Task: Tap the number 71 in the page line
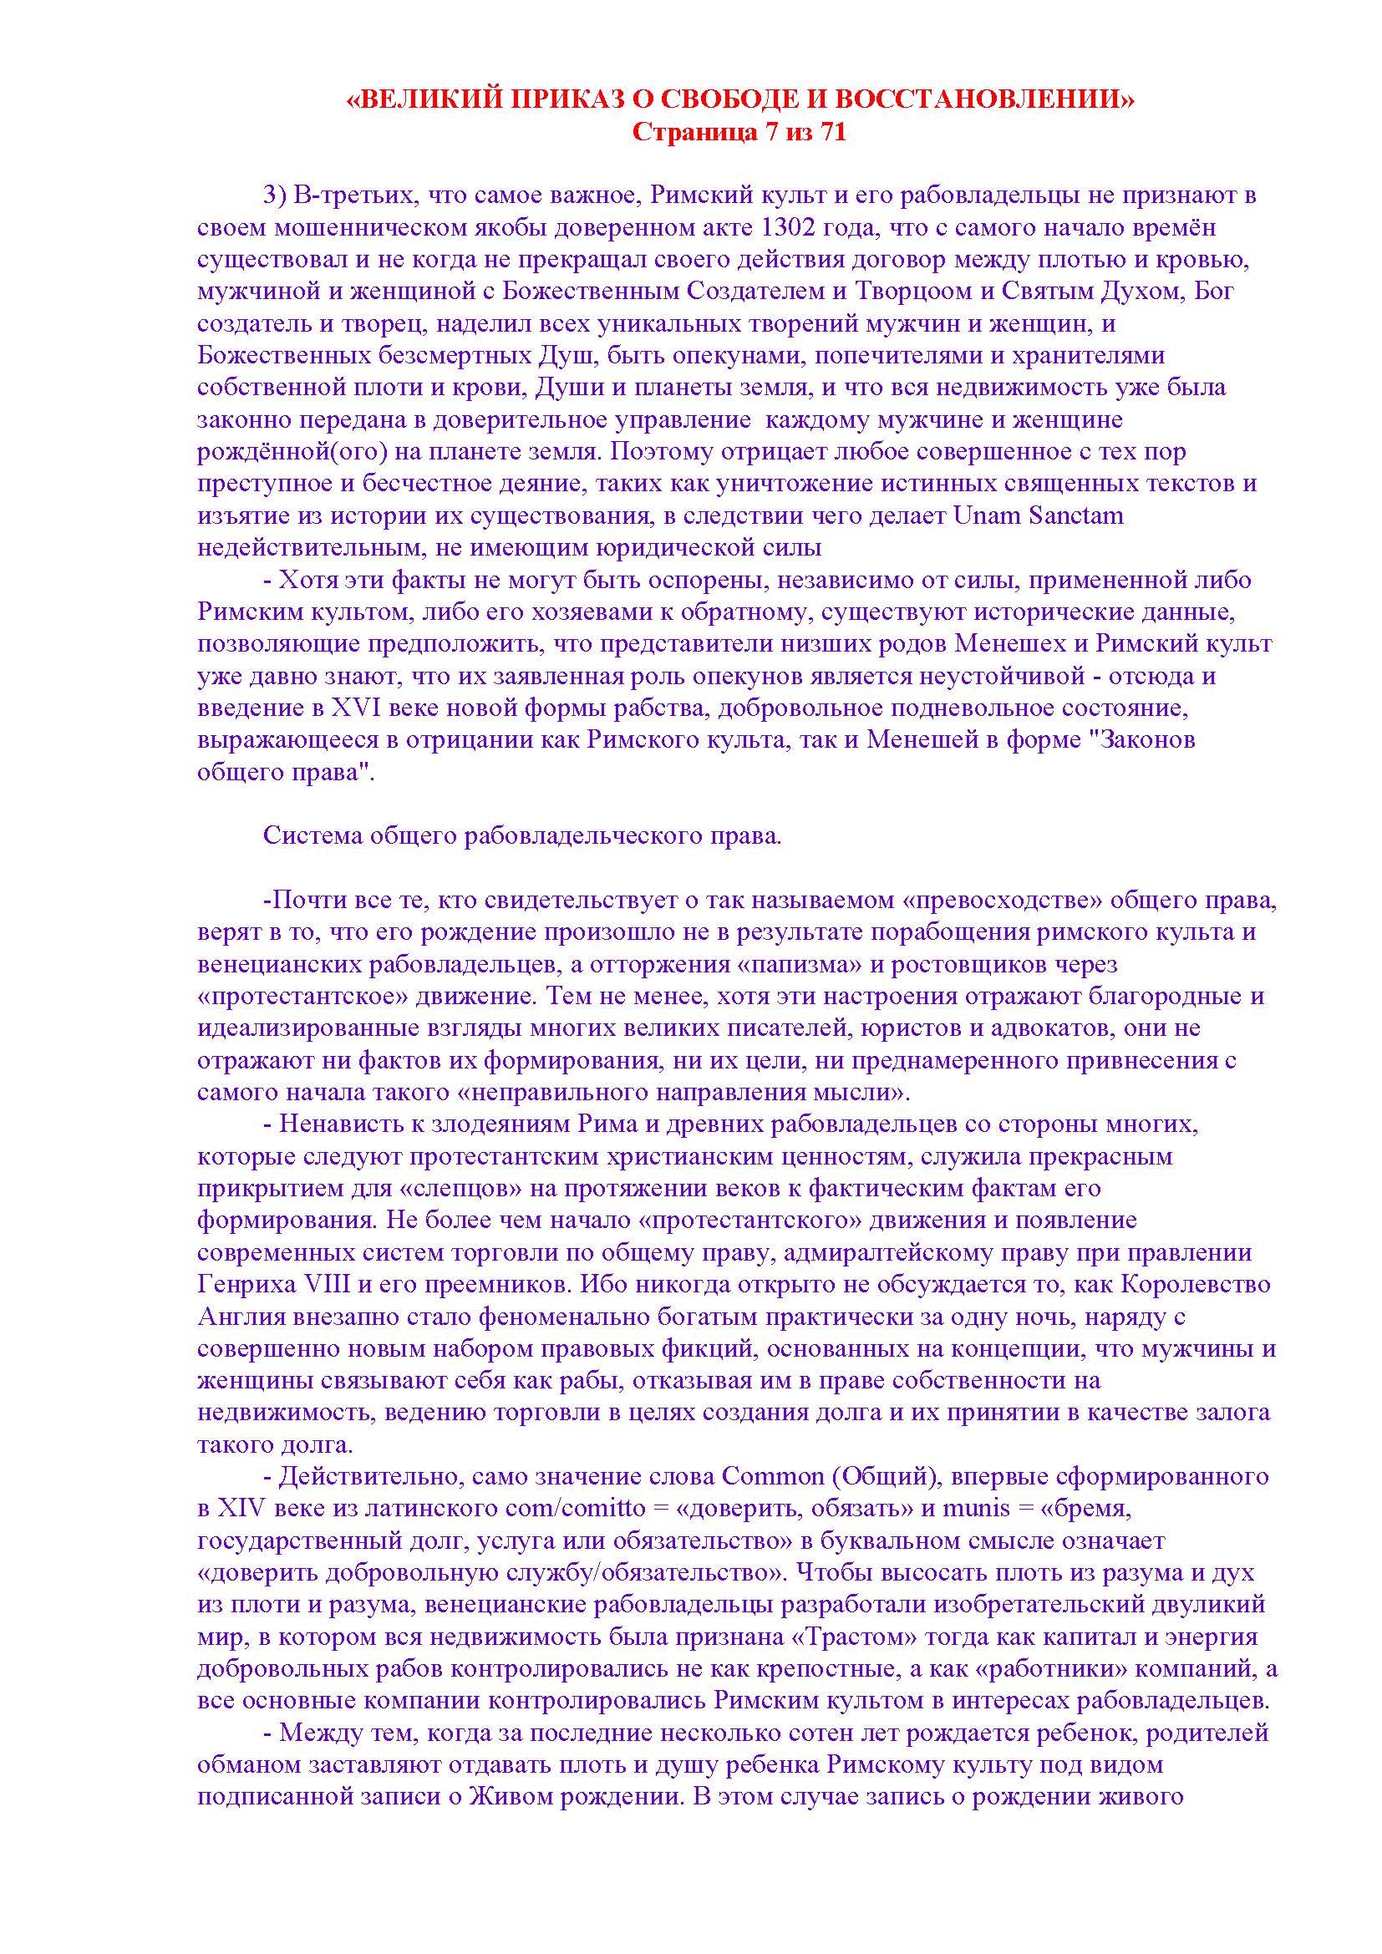[832, 133]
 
